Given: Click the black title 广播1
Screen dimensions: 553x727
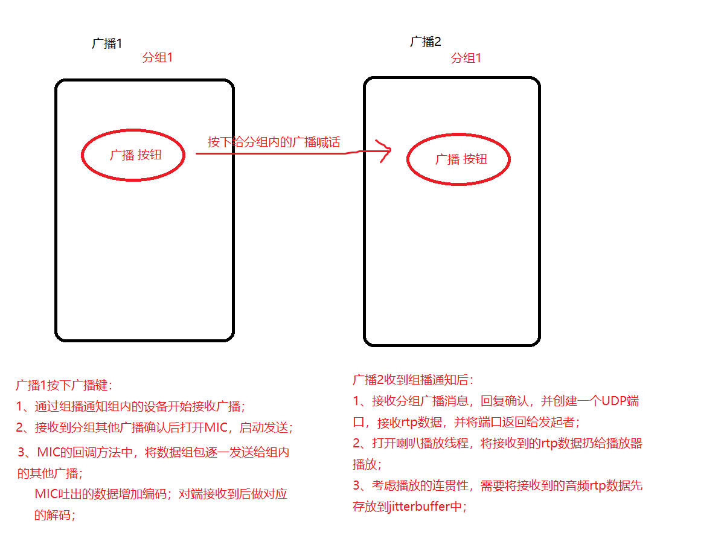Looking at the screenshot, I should tap(107, 43).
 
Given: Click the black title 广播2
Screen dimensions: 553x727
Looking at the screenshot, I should tap(426, 42).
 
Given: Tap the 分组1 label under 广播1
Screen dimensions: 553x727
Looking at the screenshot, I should tap(158, 58).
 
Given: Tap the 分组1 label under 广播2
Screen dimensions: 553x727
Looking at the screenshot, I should tap(466, 59).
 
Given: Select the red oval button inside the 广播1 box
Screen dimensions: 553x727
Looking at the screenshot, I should tap(133, 155).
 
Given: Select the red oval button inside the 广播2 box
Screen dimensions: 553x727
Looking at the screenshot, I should tap(458, 159).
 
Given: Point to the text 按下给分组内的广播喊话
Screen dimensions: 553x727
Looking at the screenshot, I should tap(274, 142).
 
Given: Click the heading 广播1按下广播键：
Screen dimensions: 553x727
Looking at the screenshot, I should tap(64, 385).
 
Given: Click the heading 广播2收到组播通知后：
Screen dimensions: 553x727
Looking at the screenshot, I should tap(414, 380).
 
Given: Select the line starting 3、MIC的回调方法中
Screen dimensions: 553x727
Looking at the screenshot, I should tap(153, 452).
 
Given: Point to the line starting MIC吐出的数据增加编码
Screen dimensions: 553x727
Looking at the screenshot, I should tap(161, 494).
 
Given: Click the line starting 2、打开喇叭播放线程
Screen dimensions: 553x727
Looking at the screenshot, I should tap(498, 444).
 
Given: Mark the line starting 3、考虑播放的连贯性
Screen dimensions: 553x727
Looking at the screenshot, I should tap(498, 486).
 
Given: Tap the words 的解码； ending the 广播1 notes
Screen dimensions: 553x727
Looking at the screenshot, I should tap(56, 515).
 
